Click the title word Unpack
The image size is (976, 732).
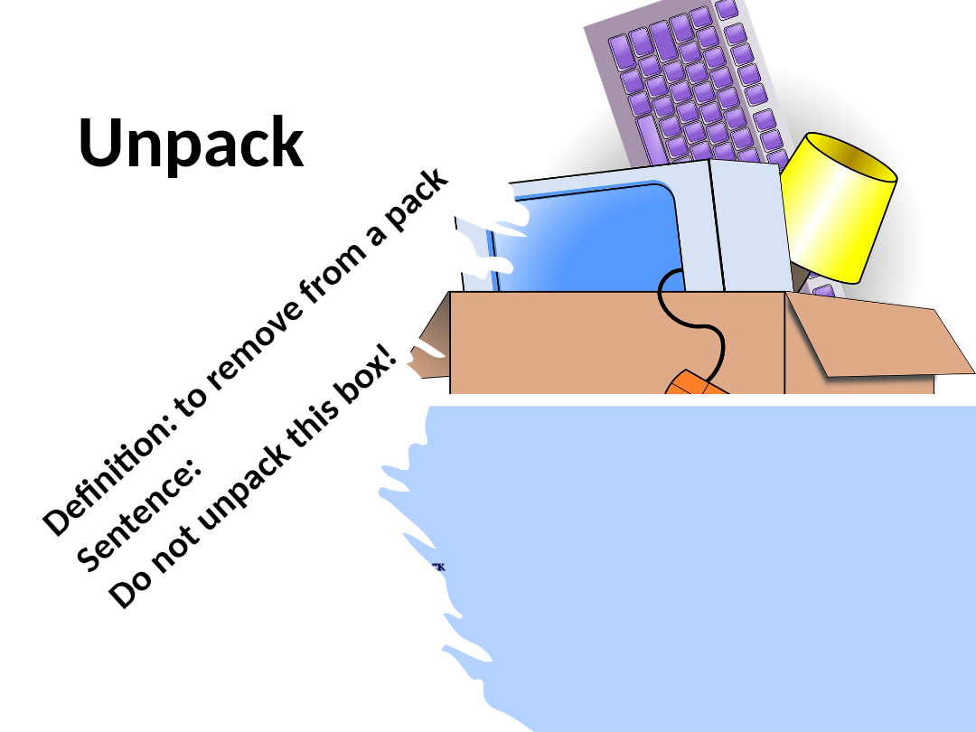pos(191,143)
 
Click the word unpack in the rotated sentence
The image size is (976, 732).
pos(234,488)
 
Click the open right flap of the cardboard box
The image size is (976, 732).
pos(877,339)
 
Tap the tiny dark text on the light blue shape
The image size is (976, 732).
pos(437,568)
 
